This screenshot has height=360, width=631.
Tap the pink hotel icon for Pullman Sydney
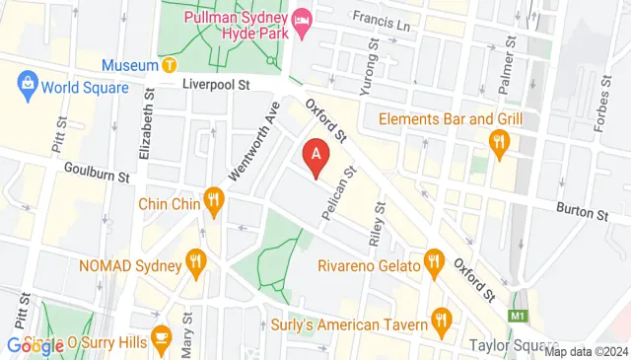point(302,20)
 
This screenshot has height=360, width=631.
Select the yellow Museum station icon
point(170,65)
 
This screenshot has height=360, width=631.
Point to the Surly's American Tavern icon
point(440,321)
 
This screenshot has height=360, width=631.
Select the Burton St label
point(583,212)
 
